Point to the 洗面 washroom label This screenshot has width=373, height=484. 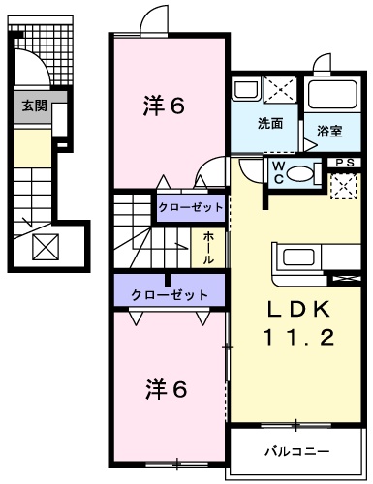tap(269, 124)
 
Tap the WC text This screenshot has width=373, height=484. tap(277, 171)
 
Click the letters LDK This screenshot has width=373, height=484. tap(300, 310)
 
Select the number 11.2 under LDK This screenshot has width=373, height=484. tap(299, 339)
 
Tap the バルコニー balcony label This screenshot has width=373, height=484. tap(297, 451)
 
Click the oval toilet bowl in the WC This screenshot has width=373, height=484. tap(301, 173)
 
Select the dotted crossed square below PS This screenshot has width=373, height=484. tap(343, 186)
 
